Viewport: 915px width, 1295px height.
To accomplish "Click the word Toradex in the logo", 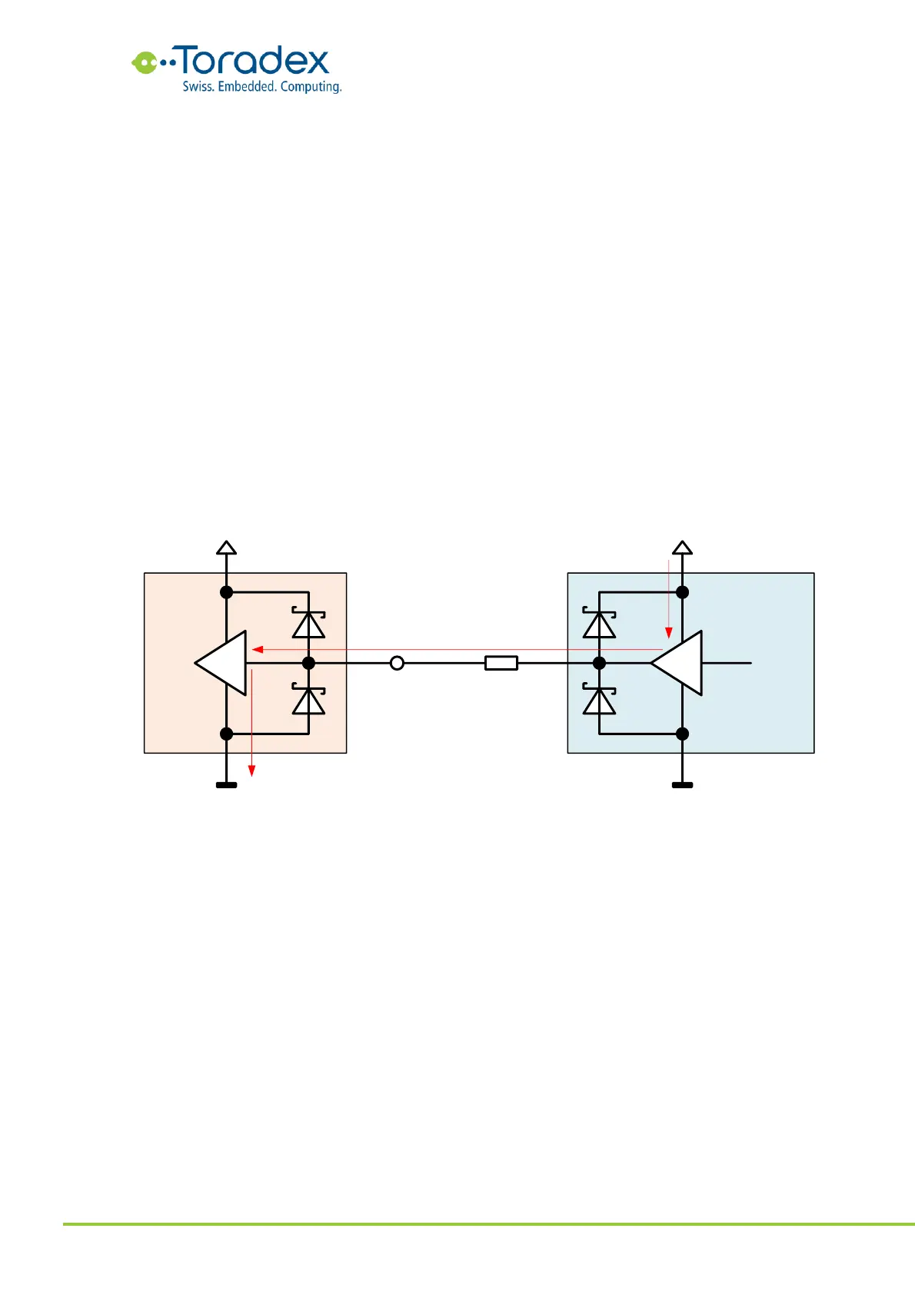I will point(254,62).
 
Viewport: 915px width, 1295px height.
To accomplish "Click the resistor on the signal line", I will point(501,663).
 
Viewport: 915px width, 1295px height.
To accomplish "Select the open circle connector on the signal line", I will point(397,663).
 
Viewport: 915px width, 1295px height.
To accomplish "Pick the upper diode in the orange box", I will point(308,624).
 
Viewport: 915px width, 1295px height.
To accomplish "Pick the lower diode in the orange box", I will point(308,700).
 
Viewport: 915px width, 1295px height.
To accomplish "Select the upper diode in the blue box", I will point(599,624).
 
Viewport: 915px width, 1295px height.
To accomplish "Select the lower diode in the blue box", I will point(599,700).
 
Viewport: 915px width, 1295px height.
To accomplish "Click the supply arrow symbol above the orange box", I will point(226,548).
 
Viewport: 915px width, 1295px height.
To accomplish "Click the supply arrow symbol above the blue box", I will point(682,548).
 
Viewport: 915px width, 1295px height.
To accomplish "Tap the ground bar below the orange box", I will point(226,785).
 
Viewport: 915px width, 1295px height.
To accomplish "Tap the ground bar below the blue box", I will point(682,785).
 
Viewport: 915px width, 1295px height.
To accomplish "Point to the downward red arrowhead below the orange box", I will point(251,771).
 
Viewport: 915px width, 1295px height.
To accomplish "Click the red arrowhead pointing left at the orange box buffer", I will point(258,650).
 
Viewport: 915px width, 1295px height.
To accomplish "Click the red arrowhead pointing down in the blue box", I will point(669,633).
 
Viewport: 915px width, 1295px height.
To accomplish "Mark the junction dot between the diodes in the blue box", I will point(599,663).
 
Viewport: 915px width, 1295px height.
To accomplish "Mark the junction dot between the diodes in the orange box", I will point(308,663).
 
